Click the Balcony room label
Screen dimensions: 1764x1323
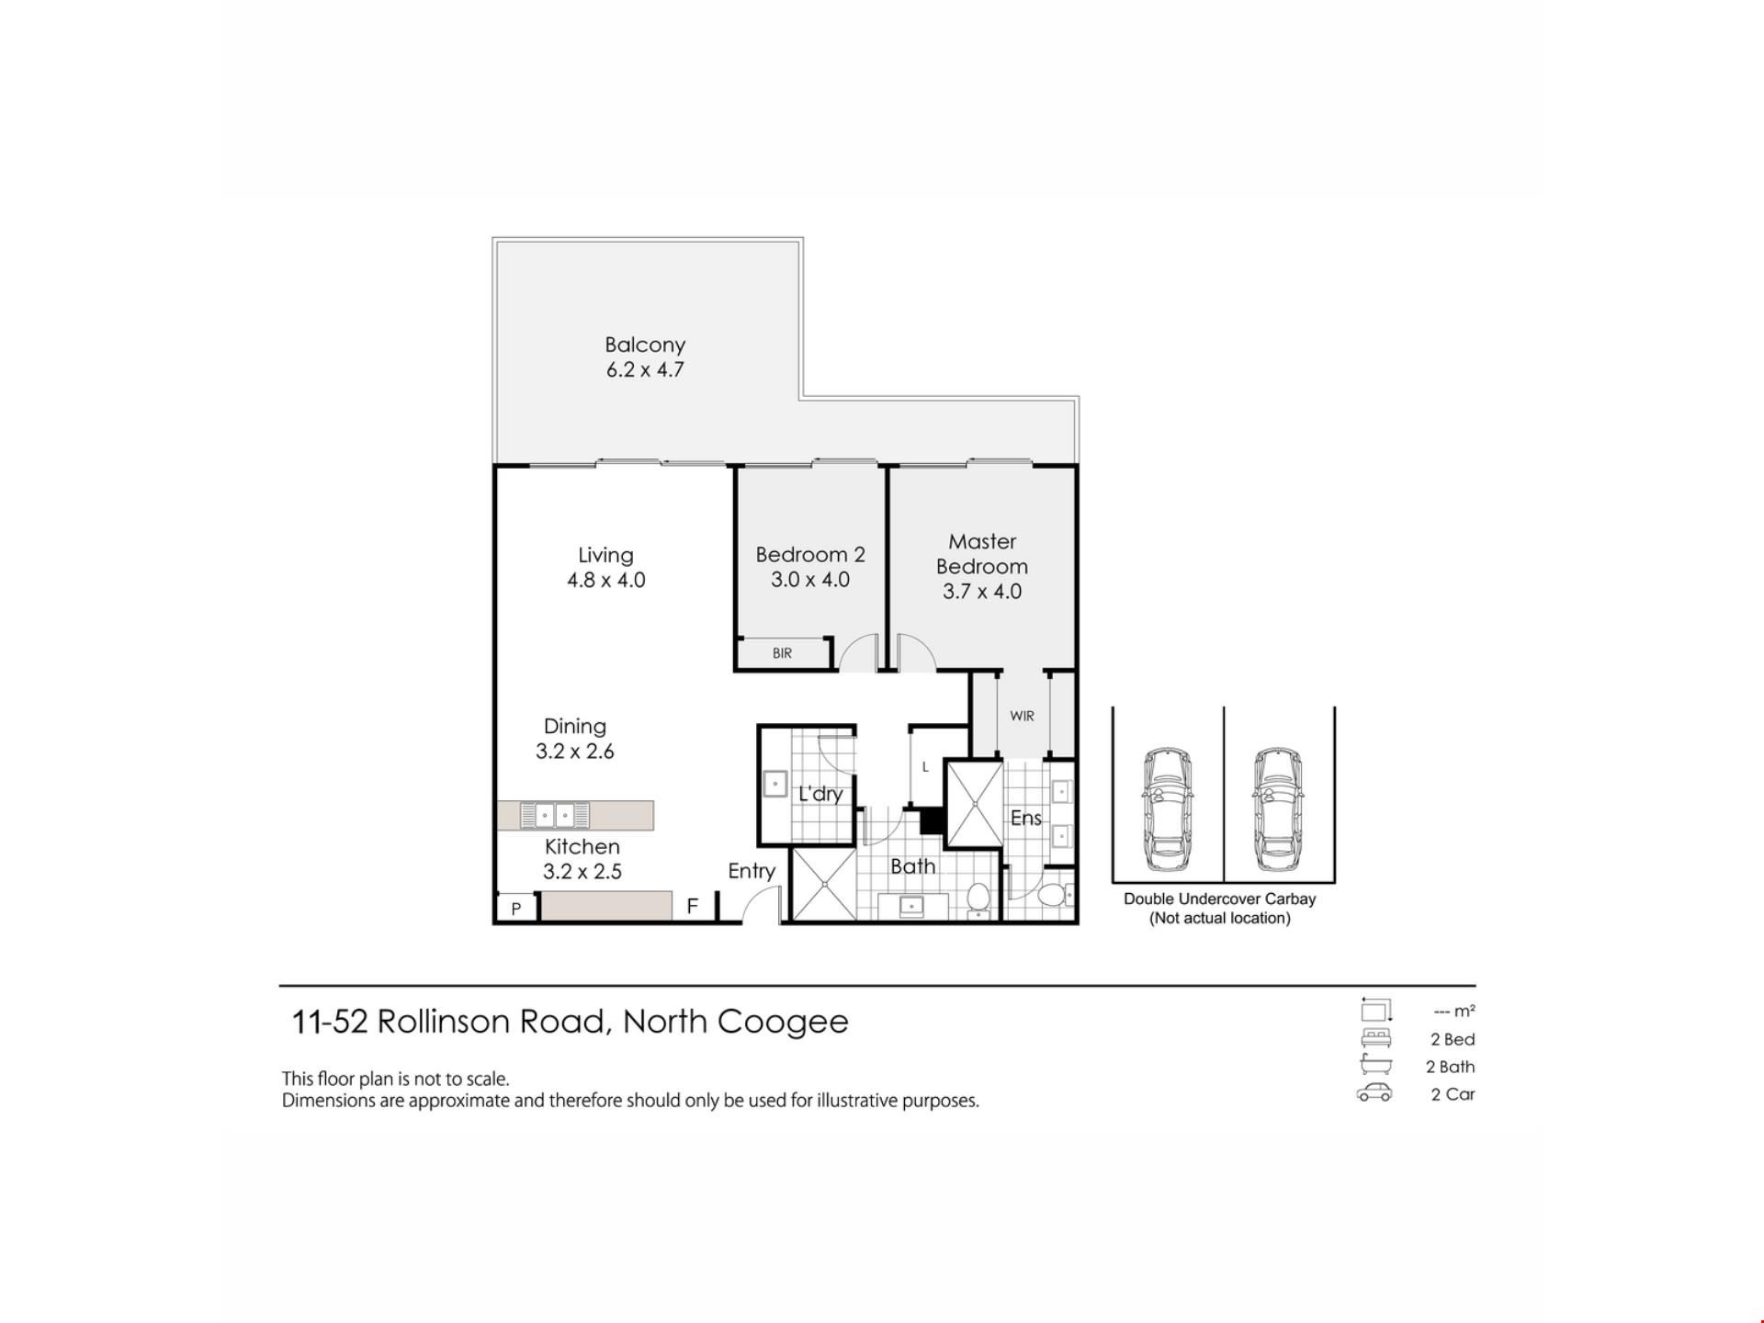coord(645,345)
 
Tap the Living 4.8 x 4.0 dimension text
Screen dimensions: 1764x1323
coord(606,581)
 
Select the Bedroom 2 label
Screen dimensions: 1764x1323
coord(810,555)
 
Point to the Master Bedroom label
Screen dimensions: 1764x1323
coord(982,554)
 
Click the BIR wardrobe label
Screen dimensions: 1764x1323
coord(782,653)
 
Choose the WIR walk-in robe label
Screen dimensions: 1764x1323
coord(1022,716)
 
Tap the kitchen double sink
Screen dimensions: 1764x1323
coord(555,815)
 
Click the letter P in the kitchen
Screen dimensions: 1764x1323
coord(516,909)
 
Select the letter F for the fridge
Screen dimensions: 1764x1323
coord(693,906)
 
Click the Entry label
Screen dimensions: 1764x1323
coord(752,871)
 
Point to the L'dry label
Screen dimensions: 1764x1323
coord(820,794)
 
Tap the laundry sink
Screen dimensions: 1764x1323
coord(775,785)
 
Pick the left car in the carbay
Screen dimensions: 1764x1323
coord(1168,809)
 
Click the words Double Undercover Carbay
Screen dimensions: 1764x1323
coord(1219,899)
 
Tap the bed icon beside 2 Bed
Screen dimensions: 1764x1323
coord(1376,1038)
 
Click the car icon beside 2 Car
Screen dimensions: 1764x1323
coord(1374,1093)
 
